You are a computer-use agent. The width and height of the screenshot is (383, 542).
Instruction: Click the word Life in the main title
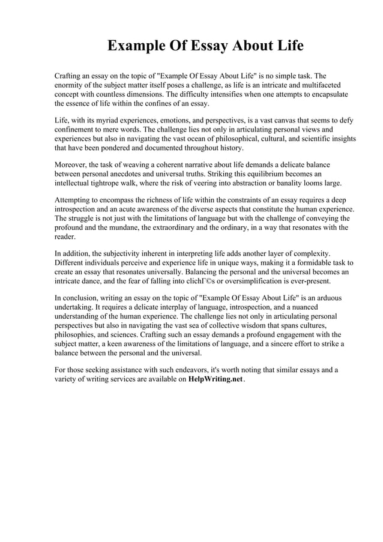[x=289, y=46]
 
